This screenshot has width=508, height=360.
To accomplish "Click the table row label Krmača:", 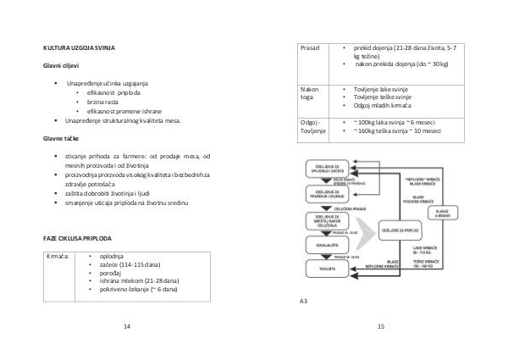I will pyautogui.click(x=59, y=255).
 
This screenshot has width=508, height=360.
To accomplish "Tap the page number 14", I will pyautogui.click(x=127, y=326).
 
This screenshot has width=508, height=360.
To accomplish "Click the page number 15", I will pyautogui.click(x=381, y=326).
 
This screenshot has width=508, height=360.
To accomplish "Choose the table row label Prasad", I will pyautogui.click(x=311, y=48).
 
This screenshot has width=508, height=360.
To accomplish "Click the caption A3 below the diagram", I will pyautogui.click(x=305, y=301).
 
